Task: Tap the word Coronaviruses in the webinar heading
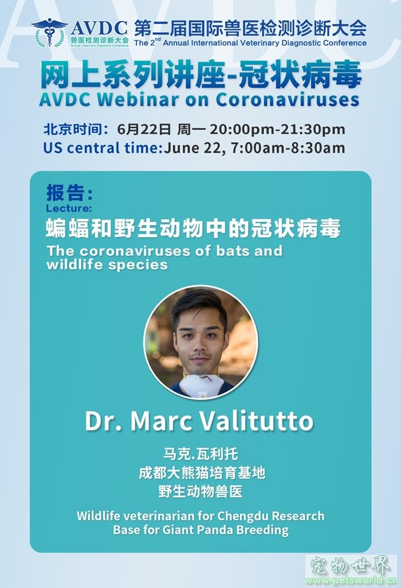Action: pyautogui.click(x=288, y=99)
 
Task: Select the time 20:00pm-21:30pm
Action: pyautogui.click(x=277, y=130)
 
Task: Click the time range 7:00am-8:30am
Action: pyautogui.click(x=288, y=148)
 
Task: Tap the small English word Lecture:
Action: pyautogui.click(x=69, y=208)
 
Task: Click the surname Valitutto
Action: pyautogui.click(x=256, y=421)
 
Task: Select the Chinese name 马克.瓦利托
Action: pyautogui.click(x=200, y=454)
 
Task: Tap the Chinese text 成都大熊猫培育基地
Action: pyautogui.click(x=202, y=473)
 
